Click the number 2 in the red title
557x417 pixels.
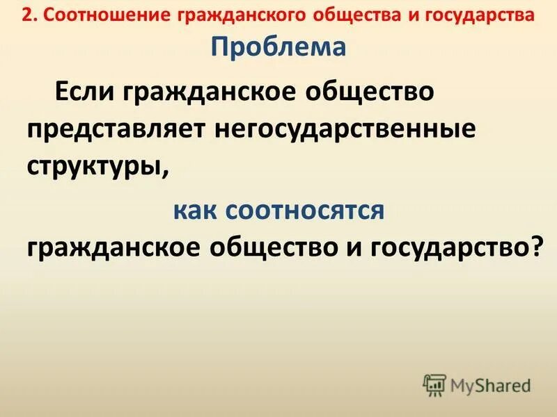[26, 15]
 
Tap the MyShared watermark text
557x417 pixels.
[490, 384]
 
